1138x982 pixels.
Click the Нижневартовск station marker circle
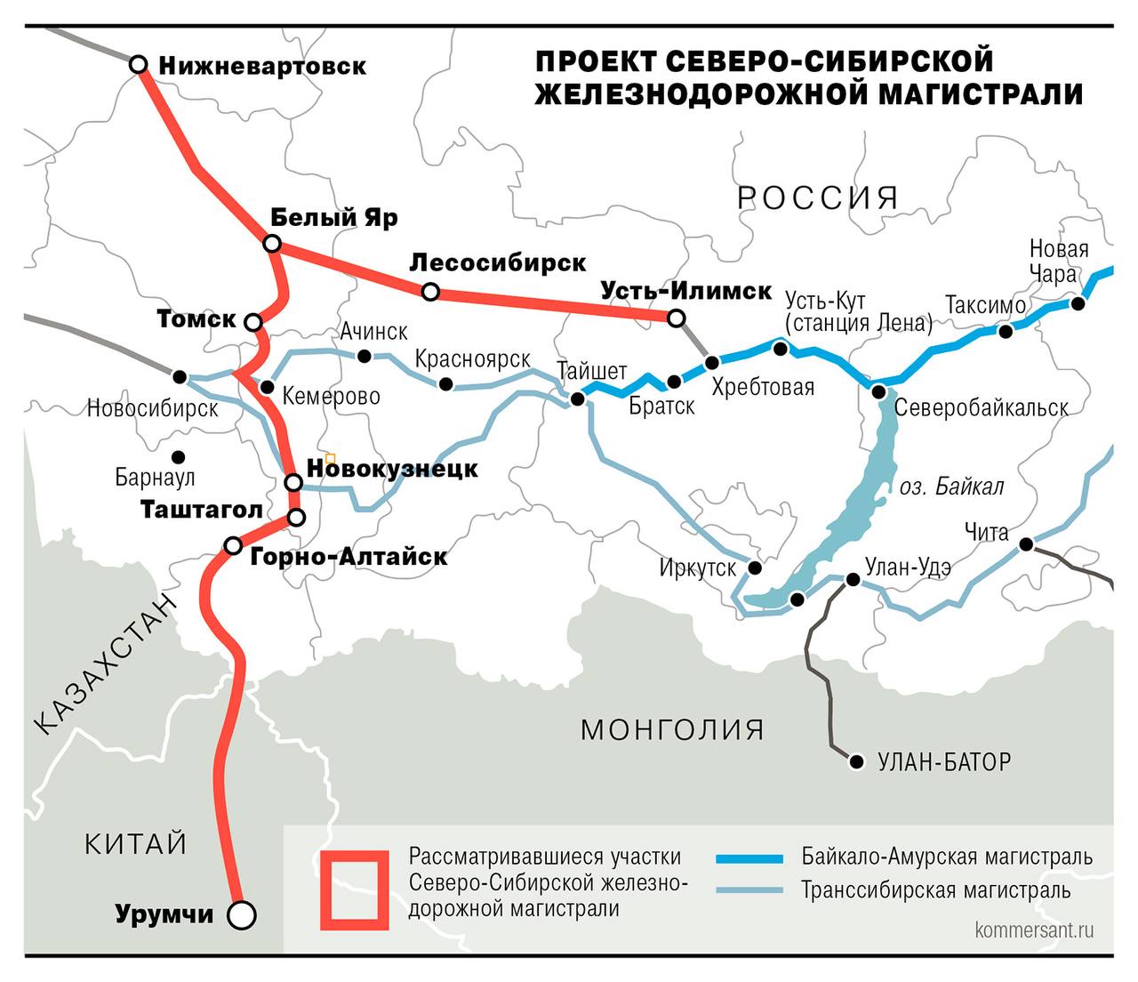click(x=139, y=65)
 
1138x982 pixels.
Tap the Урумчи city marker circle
click(x=241, y=914)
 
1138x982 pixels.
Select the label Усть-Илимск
click(x=685, y=291)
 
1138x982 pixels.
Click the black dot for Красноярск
click(x=446, y=384)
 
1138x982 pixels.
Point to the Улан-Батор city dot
click(x=857, y=762)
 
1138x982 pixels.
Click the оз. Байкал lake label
click(x=951, y=487)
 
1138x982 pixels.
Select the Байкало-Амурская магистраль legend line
click(x=749, y=858)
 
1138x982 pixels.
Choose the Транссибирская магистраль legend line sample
click(x=749, y=890)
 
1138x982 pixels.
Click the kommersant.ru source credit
click(x=1034, y=930)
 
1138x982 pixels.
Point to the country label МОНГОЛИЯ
click(x=672, y=729)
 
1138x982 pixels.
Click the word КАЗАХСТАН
click(x=107, y=664)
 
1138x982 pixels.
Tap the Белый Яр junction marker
click(x=273, y=244)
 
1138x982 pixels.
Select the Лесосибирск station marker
click(x=430, y=292)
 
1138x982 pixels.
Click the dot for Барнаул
click(x=179, y=456)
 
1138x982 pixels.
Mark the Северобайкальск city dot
click(x=878, y=392)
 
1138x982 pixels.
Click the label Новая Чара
click(x=1058, y=261)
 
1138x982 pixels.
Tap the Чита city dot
click(x=1026, y=544)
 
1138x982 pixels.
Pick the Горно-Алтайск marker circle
click(x=233, y=545)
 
